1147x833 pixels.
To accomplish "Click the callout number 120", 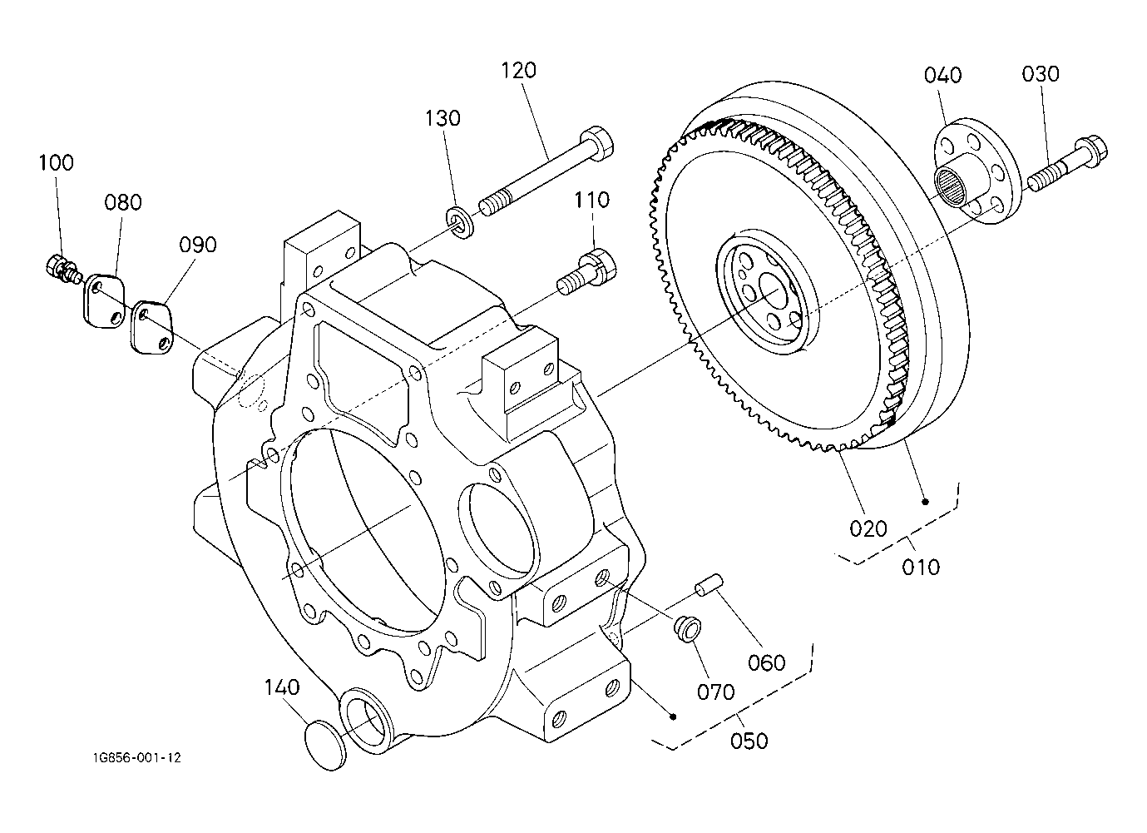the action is coord(518,71).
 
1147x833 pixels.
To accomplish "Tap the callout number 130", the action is coord(443,118).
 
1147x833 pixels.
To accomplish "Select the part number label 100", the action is coord(57,162).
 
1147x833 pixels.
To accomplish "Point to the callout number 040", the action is coord(942,75).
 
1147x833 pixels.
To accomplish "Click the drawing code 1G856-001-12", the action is coord(137,758).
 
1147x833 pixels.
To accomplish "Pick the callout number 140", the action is coord(282,687).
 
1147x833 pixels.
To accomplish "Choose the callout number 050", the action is coord(749,741).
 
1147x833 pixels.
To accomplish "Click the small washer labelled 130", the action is coord(460,223).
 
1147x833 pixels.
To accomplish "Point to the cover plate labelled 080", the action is coord(104,301).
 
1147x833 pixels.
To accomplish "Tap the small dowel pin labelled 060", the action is coord(709,585).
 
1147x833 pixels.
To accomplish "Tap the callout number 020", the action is coord(868,528).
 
